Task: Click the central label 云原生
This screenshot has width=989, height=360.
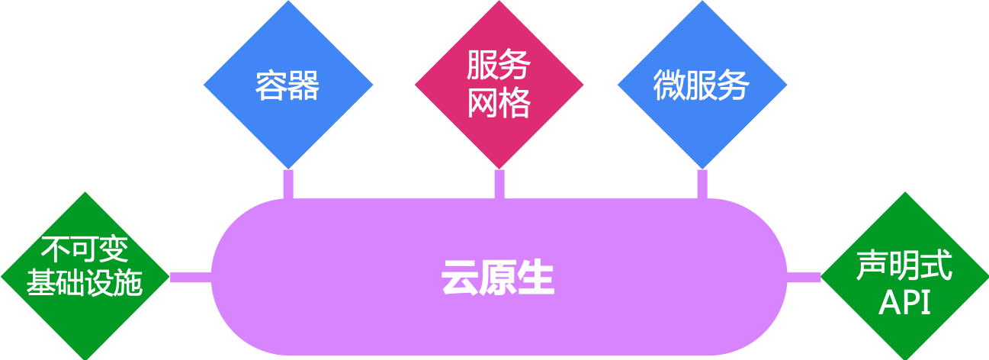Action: (x=497, y=278)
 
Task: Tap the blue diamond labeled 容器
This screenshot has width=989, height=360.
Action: (x=287, y=85)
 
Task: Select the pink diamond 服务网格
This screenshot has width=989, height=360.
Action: (x=499, y=84)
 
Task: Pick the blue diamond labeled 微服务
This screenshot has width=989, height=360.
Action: (x=702, y=85)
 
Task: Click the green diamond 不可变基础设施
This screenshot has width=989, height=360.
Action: (x=85, y=275)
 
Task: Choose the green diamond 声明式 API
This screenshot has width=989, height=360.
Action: (x=904, y=275)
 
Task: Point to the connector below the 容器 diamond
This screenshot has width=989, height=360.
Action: (x=288, y=183)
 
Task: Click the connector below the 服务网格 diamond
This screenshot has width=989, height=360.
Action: (x=499, y=183)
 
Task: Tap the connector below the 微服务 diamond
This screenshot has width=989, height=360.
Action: (x=702, y=183)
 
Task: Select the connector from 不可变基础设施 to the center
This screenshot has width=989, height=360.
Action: (x=190, y=277)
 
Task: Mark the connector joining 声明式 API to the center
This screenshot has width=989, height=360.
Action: (x=804, y=277)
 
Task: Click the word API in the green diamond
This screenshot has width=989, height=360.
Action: (x=904, y=304)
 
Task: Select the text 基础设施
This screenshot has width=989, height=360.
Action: (x=85, y=284)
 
